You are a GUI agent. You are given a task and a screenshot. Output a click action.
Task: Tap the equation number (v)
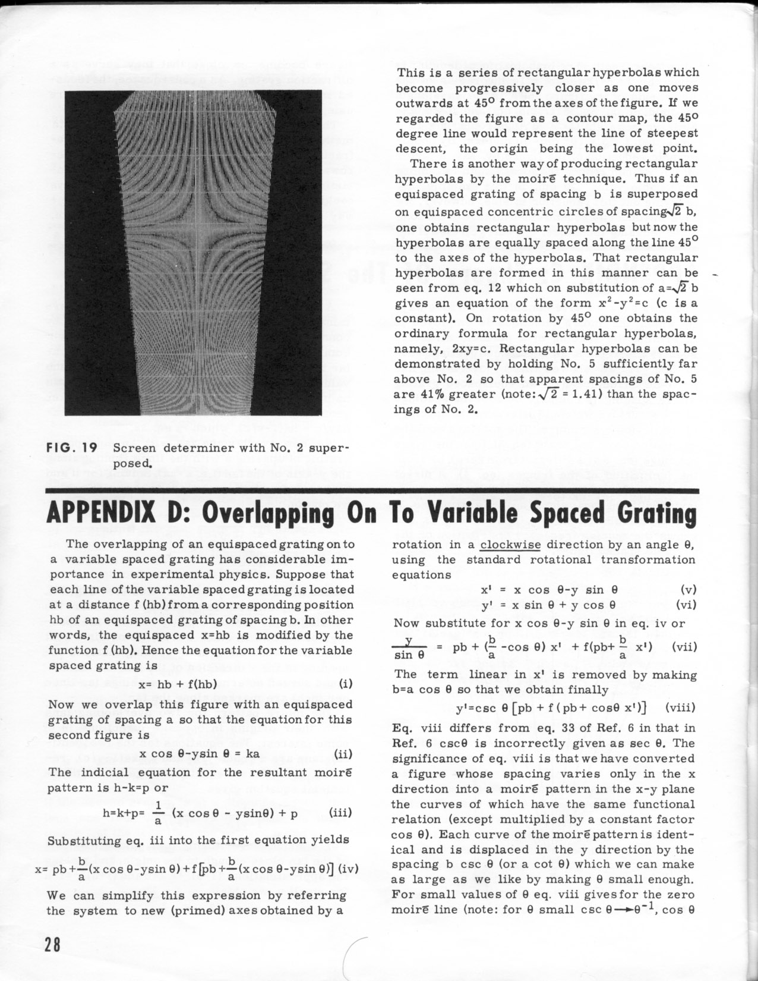click(689, 590)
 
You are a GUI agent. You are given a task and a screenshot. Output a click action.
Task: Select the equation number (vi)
click(687, 605)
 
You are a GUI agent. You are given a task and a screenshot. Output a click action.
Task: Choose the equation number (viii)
click(680, 708)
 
